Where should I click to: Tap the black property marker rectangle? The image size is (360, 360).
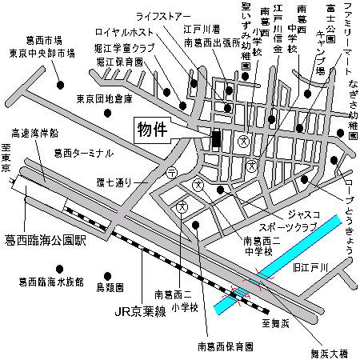click(x=214, y=138)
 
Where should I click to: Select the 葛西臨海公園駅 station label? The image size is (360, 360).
click(x=46, y=238)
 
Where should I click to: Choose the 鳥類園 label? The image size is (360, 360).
click(x=110, y=286)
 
